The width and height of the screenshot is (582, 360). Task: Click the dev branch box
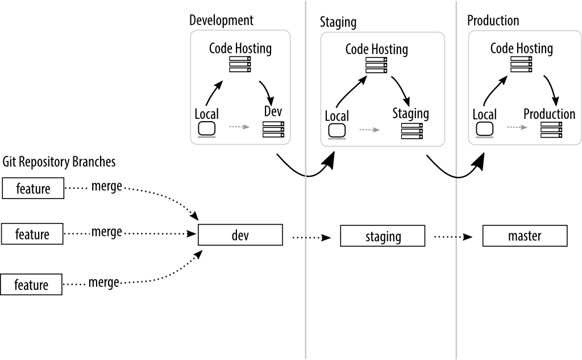[240, 235]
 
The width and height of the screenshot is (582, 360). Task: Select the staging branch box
[383, 236]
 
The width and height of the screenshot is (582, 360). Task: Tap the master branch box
[525, 235]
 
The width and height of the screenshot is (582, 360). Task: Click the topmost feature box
[33, 188]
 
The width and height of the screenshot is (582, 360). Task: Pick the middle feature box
[33, 234]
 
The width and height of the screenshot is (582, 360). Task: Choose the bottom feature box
[31, 284]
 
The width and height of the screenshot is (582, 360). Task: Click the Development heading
[221, 20]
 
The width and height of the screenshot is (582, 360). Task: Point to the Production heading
[493, 21]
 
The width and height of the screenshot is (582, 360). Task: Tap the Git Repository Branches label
[59, 162]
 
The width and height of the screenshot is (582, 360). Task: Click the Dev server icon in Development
[273, 130]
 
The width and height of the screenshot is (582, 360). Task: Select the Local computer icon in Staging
[337, 131]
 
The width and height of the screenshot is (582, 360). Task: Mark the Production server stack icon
[550, 130]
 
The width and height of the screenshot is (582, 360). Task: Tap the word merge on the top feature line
[106, 187]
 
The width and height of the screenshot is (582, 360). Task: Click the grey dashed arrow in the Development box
[239, 127]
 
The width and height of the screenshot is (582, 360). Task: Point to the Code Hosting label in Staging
[376, 49]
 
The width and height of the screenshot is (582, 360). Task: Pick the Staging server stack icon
[411, 131]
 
